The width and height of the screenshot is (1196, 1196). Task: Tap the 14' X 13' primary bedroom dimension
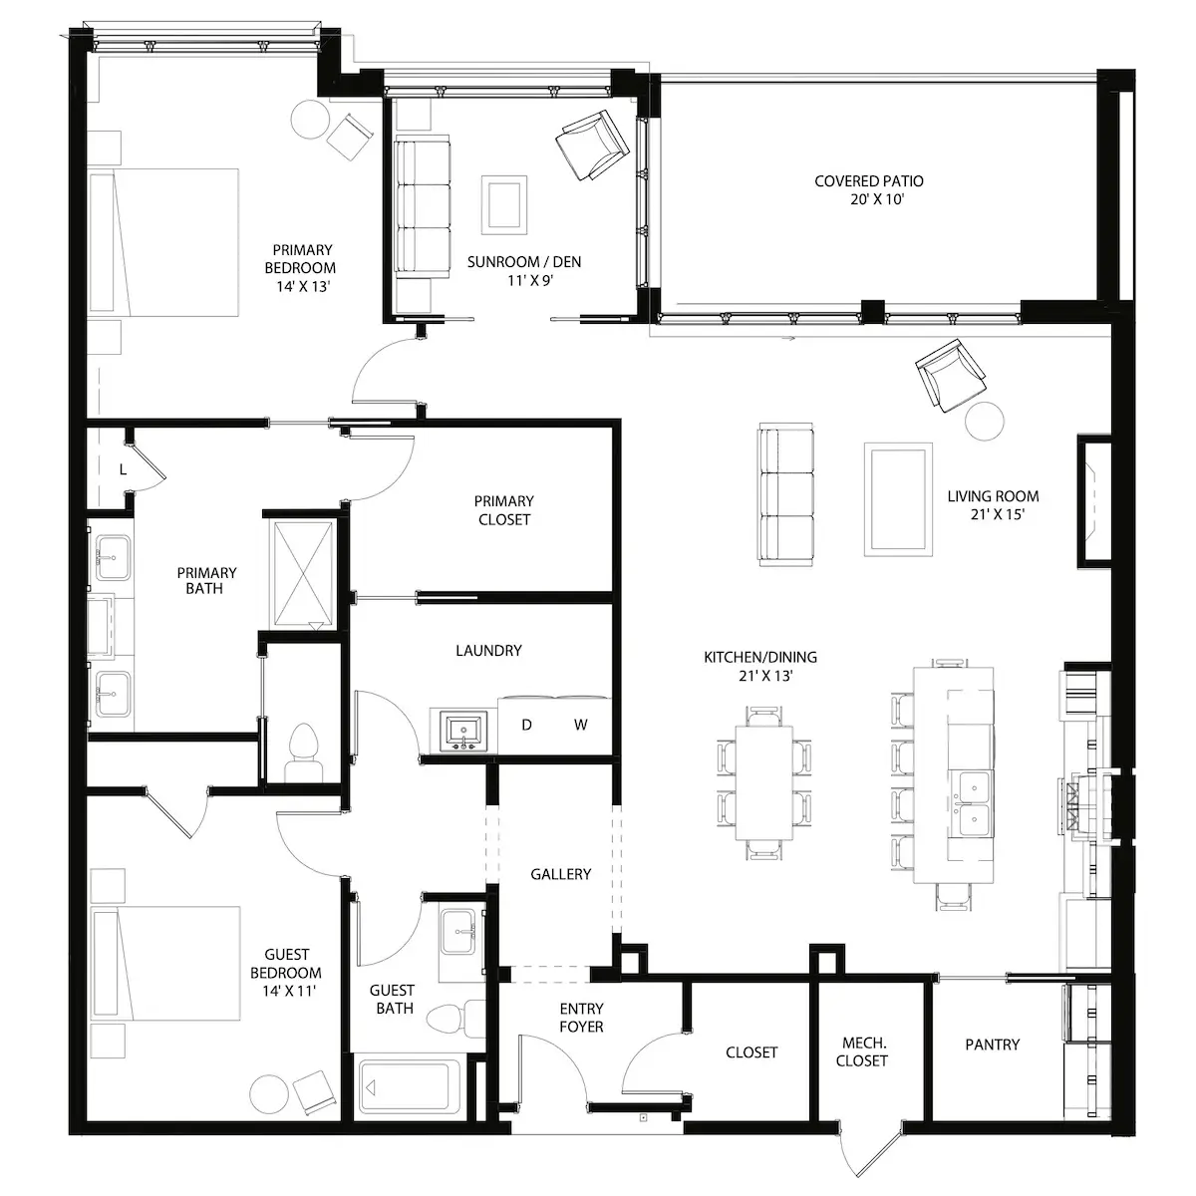(x=303, y=286)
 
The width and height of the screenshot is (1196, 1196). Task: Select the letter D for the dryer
(x=526, y=725)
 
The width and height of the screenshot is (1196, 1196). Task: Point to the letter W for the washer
(x=580, y=725)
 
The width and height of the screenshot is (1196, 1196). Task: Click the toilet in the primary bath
(x=304, y=751)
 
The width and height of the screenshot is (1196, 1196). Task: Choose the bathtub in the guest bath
(x=405, y=1086)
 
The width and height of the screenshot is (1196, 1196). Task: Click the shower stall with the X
(x=303, y=573)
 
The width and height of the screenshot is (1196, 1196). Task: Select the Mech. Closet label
(x=862, y=1051)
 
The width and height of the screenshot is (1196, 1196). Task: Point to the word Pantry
(x=992, y=1045)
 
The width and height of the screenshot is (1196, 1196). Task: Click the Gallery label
(x=560, y=874)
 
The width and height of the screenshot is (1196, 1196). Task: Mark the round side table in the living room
(x=985, y=421)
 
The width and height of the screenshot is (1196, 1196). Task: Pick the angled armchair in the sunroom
(x=592, y=146)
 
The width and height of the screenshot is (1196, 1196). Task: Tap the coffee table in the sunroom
(x=504, y=205)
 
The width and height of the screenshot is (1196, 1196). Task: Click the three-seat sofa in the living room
(x=785, y=494)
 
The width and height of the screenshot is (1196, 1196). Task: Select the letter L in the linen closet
(x=123, y=469)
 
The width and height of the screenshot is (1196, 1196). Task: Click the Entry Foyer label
(x=581, y=1018)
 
